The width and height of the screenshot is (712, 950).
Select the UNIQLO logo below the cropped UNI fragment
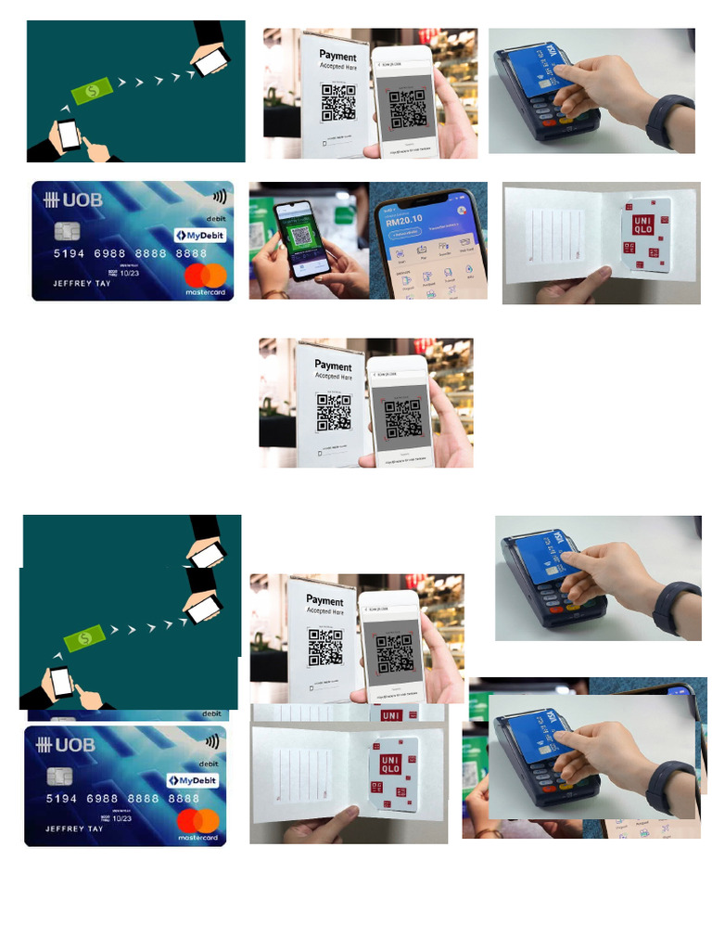point(390,768)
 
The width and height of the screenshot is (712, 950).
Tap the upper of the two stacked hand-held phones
point(208,555)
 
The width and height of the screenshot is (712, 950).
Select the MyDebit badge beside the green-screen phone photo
point(200,236)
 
